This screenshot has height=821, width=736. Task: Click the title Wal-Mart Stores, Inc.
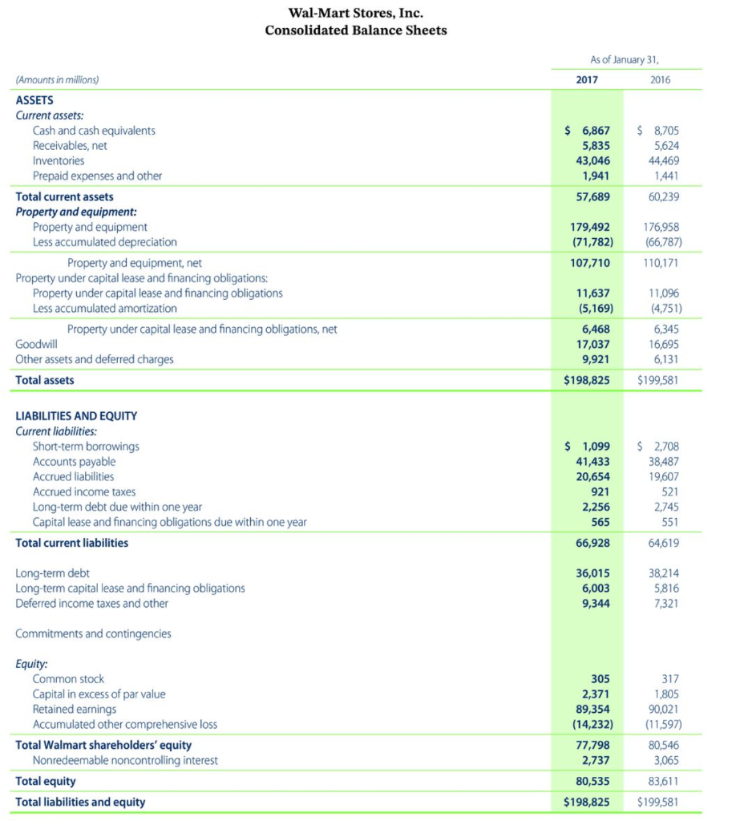tap(355, 13)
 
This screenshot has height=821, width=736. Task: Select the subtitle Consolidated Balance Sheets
tap(355, 30)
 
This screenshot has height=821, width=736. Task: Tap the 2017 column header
tap(587, 79)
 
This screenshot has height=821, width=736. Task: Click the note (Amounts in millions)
tap(58, 79)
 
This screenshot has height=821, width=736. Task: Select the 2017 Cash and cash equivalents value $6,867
tap(588, 130)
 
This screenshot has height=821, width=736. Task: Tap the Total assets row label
tap(45, 380)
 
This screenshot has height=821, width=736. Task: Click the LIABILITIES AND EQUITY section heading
tap(76, 415)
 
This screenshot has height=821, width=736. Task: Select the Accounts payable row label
tap(74, 461)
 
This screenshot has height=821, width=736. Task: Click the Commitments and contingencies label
tap(93, 633)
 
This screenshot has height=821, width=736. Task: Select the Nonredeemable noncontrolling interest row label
tap(126, 760)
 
